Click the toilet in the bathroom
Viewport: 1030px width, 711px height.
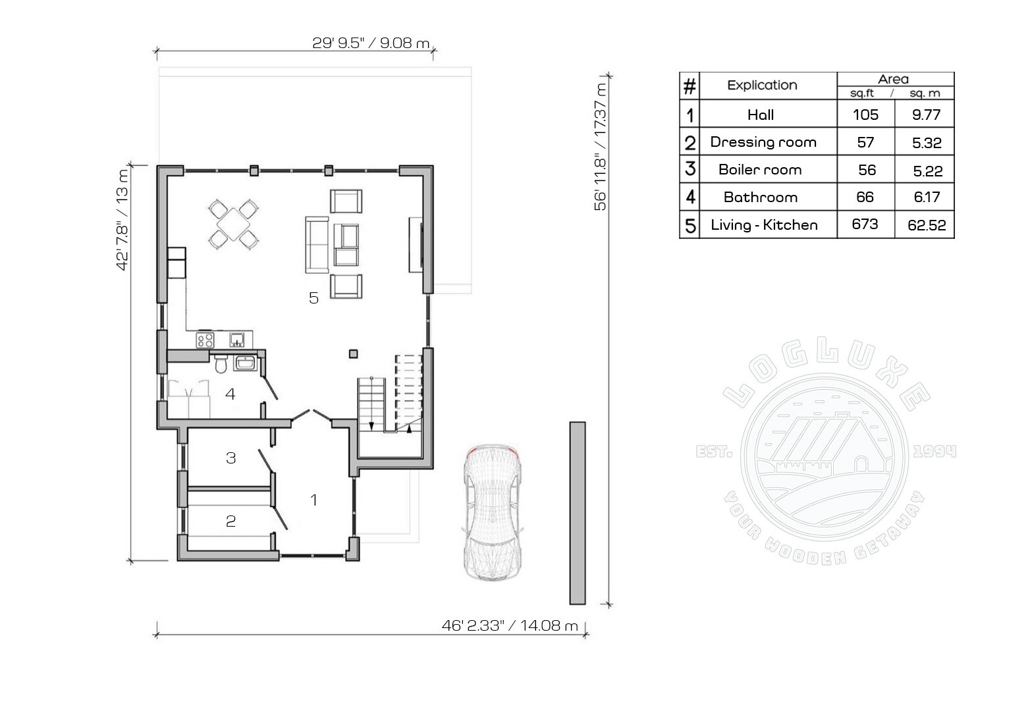tap(221, 363)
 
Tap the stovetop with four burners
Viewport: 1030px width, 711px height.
tap(205, 340)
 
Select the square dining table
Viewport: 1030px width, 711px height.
tap(234, 224)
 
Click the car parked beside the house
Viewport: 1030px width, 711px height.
tap(493, 512)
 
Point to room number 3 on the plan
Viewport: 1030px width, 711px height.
tap(231, 458)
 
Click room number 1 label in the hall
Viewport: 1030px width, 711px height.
tap(313, 500)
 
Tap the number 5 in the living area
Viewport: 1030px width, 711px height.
tap(313, 298)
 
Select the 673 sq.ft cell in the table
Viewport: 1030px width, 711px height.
tap(865, 224)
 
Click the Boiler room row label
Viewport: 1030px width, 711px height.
tap(760, 170)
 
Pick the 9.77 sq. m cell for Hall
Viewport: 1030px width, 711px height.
tap(926, 115)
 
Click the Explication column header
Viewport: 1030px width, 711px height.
tap(762, 85)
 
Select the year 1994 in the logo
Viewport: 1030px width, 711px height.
tap(935, 452)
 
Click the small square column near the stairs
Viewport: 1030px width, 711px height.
tap(353, 354)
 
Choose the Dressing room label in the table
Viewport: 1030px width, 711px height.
tap(763, 142)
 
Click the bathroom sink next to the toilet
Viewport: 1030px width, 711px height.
tap(246, 363)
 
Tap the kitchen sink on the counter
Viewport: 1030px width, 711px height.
tap(237, 340)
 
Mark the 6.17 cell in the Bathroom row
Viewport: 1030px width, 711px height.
tap(927, 197)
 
